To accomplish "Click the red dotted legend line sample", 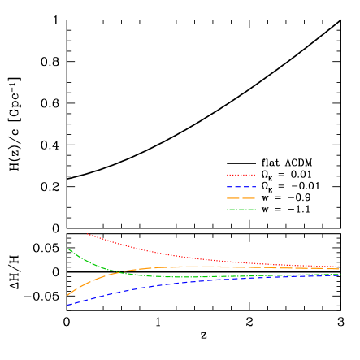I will [x=241, y=175].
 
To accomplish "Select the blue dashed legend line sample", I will [x=241, y=187].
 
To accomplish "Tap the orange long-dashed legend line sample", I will [x=241, y=198].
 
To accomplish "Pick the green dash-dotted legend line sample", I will [x=241, y=210].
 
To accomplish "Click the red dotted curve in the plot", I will [x=163, y=254].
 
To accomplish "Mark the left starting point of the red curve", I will [x=87, y=234].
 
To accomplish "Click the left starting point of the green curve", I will [x=67, y=247].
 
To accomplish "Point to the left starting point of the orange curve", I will [x=67, y=295].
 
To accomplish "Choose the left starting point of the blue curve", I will [x=67, y=306].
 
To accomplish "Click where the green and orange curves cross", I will [x=119, y=271].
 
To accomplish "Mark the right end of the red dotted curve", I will [x=339, y=267].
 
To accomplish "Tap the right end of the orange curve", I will [x=339, y=269].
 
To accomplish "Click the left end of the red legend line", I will [x=228, y=175].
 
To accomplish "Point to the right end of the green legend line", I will [x=255, y=210].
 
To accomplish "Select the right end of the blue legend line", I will [x=255, y=187].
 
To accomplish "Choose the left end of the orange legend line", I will [x=228, y=198].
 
